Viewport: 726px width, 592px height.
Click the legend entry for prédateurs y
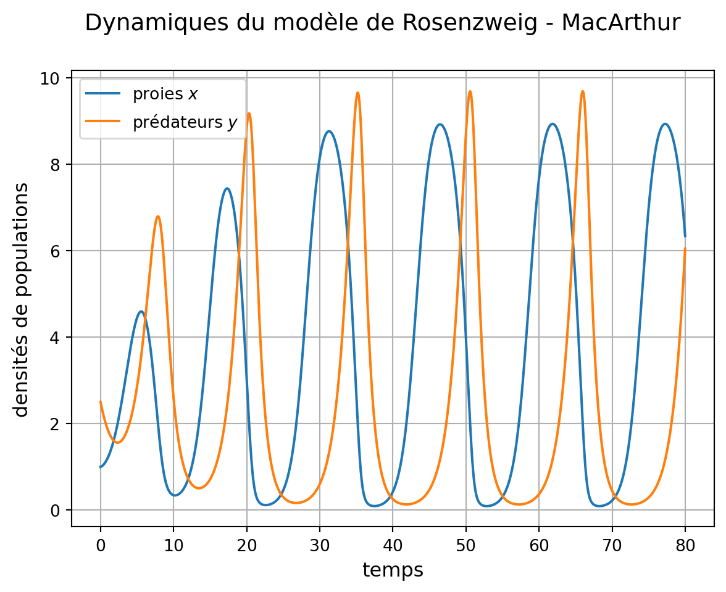[x=185, y=123]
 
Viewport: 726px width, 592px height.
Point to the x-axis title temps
[x=393, y=570]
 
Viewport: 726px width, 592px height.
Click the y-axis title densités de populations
[x=22, y=299]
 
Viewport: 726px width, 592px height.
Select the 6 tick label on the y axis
[x=59, y=251]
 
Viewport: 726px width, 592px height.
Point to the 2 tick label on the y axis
[x=59, y=423]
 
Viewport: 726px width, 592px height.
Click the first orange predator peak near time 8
[x=158, y=216]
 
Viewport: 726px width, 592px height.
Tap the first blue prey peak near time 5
[x=141, y=311]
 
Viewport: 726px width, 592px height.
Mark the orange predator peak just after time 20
[x=249, y=113]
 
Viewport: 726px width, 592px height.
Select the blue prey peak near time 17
[x=227, y=188]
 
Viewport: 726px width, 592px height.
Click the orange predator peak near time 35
[x=357, y=93]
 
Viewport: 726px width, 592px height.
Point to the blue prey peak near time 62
[x=553, y=123]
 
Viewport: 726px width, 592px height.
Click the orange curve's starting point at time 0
[x=101, y=402]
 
